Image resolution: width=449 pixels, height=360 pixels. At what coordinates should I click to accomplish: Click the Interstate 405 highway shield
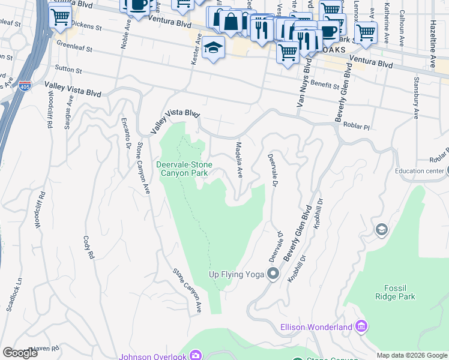(x=25, y=86)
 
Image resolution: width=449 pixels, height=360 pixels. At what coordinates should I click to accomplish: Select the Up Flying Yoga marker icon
(x=274, y=274)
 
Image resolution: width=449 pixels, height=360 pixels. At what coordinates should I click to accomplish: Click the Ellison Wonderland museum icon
(x=361, y=326)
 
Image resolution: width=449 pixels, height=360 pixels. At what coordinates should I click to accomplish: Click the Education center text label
(x=418, y=171)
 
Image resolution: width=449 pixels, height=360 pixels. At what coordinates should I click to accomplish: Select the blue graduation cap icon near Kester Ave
(x=213, y=49)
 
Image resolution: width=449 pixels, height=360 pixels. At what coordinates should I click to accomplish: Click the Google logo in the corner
(x=20, y=352)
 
